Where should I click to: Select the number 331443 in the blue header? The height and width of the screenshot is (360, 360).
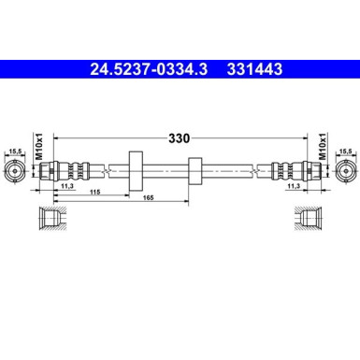(x=251, y=69)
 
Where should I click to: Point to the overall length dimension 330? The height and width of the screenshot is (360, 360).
(x=180, y=137)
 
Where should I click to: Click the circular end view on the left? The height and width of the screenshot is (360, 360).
(x=13, y=171)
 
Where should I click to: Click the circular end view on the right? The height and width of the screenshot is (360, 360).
(x=346, y=171)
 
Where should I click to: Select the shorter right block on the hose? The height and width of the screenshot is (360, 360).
(x=194, y=171)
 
